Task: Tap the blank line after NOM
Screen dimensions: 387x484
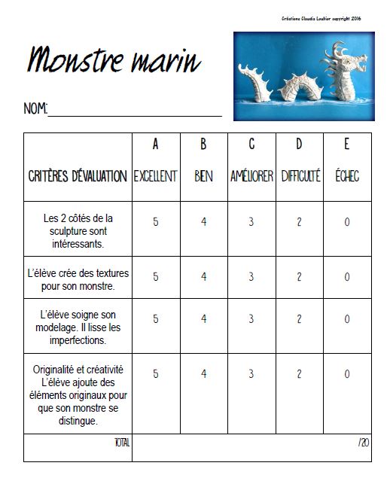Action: click(x=136, y=111)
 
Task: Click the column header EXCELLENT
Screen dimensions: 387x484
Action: click(x=155, y=177)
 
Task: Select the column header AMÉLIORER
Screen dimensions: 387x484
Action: click(x=251, y=177)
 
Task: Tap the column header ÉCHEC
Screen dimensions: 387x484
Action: click(x=347, y=177)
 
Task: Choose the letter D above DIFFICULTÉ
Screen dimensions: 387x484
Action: click(x=299, y=144)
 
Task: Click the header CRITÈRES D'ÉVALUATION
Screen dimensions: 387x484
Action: click(x=78, y=177)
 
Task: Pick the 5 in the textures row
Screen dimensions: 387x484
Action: click(x=155, y=277)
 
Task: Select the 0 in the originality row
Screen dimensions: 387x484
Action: click(x=347, y=374)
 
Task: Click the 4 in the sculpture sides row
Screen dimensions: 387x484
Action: click(x=203, y=223)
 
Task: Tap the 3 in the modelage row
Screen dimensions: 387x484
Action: click(x=251, y=319)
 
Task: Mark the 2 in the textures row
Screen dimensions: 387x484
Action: click(x=299, y=277)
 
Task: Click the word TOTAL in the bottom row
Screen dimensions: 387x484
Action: click(x=120, y=442)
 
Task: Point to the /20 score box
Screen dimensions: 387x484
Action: click(x=364, y=443)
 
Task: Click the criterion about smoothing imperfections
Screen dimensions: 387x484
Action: click(x=78, y=327)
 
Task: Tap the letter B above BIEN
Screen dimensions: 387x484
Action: click(x=203, y=144)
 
